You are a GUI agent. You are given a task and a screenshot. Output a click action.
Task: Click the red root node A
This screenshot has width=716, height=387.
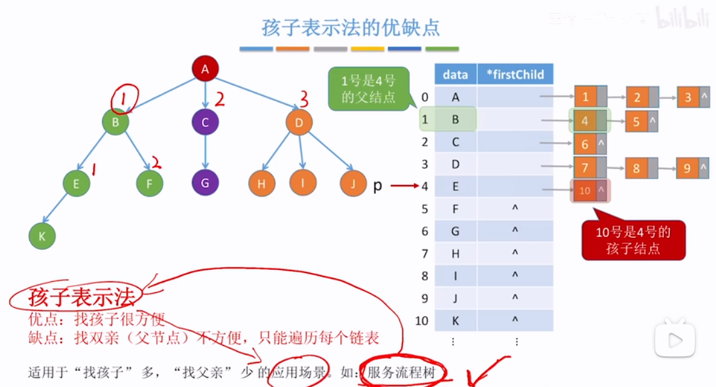(x=205, y=68)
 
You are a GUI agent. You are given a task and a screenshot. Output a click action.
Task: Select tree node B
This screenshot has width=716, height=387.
(x=115, y=122)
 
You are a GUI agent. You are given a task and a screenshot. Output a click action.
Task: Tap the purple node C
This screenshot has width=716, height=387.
(x=205, y=122)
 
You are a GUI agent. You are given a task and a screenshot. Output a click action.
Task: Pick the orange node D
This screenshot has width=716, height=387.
(x=299, y=122)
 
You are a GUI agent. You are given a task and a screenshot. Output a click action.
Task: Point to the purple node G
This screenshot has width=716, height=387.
(x=205, y=183)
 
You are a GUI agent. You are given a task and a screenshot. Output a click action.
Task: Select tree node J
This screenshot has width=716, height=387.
(x=353, y=183)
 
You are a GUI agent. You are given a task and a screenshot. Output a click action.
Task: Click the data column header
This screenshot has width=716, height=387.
(x=455, y=75)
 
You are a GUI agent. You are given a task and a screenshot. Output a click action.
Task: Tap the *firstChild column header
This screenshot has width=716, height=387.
(x=515, y=75)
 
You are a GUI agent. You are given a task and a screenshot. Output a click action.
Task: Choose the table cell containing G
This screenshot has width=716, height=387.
(x=455, y=231)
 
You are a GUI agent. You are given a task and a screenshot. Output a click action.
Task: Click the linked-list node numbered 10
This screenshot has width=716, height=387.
(x=585, y=191)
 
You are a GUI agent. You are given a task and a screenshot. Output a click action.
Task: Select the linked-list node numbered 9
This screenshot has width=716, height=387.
(x=687, y=169)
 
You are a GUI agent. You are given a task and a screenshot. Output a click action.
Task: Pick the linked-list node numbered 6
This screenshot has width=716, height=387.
(x=585, y=144)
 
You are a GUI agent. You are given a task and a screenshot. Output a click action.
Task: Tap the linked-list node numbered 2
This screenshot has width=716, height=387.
(x=637, y=98)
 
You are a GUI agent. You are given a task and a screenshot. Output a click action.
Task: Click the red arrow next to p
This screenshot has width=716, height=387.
(x=403, y=187)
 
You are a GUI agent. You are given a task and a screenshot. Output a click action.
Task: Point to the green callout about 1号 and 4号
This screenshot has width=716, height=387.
(x=368, y=89)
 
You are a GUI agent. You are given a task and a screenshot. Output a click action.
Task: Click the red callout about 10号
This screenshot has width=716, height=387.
(x=633, y=240)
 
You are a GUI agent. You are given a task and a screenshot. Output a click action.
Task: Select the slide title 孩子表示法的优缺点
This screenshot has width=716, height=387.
(x=351, y=29)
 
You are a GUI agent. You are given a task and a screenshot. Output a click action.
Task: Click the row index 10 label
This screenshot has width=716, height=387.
(x=421, y=321)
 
